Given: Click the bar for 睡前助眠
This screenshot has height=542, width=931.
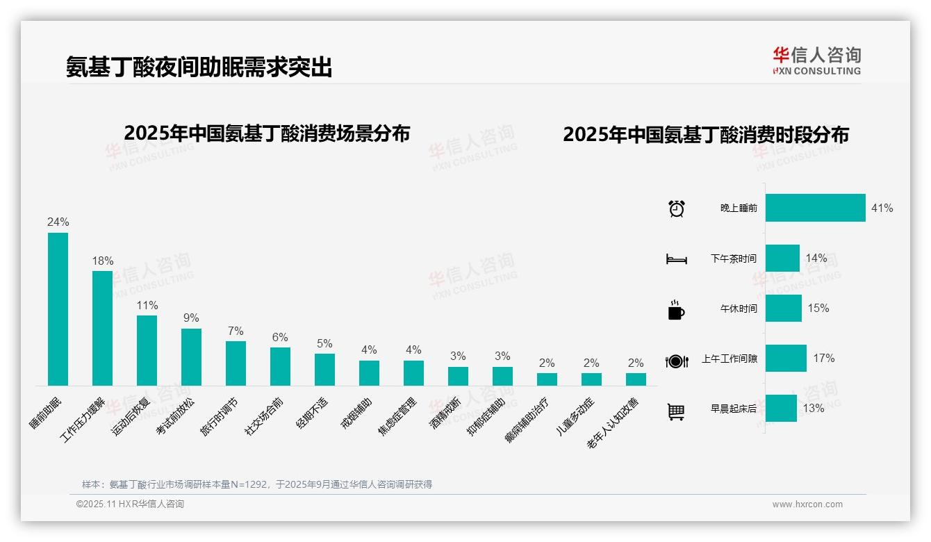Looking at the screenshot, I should click(x=58, y=309).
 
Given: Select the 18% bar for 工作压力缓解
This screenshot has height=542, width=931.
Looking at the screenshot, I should click(x=102, y=328).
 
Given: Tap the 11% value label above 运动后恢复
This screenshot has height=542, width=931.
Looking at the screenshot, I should click(x=147, y=305).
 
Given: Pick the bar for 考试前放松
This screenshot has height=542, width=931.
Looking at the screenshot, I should click(x=191, y=357).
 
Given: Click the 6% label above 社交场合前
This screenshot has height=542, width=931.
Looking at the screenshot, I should click(x=280, y=337).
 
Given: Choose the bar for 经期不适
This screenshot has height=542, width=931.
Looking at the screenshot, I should click(x=324, y=370).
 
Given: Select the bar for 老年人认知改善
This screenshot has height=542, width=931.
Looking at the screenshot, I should click(x=636, y=379).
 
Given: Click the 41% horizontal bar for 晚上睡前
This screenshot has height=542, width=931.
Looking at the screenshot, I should click(x=816, y=208).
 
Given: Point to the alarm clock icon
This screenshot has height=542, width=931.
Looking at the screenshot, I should click(x=677, y=208).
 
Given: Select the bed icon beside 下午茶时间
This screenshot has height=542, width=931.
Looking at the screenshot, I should click(x=677, y=259).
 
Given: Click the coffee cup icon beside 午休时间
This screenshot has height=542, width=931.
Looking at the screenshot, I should click(x=676, y=310).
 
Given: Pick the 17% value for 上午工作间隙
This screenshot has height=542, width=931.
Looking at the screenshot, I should click(x=824, y=359).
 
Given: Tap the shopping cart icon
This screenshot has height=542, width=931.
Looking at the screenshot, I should click(x=676, y=411).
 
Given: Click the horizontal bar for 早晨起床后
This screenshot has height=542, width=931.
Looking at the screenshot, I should click(x=781, y=409).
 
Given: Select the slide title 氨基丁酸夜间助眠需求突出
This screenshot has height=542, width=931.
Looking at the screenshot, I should click(x=199, y=67).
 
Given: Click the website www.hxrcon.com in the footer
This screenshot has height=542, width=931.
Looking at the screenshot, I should click(x=807, y=504).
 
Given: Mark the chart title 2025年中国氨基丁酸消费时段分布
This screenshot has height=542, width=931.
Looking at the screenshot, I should click(x=706, y=135).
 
